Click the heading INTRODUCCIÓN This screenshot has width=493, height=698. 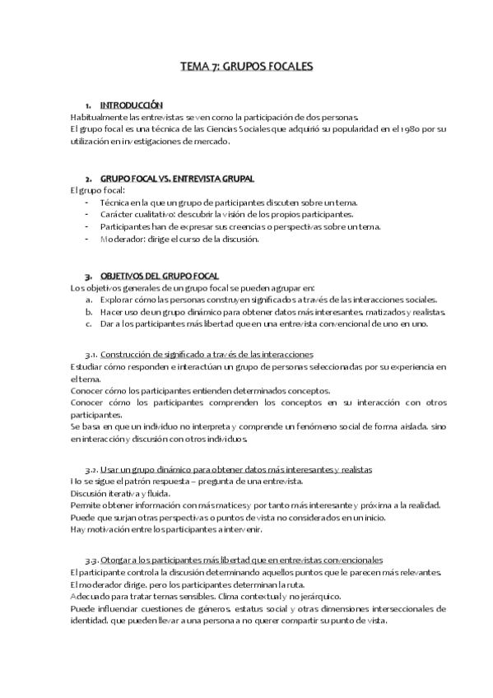131,105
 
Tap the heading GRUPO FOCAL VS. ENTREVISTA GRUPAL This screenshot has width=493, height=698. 177,178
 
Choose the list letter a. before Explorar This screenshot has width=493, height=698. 88,300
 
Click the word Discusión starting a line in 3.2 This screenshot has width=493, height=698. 91,493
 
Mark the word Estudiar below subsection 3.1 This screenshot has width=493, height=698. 87,366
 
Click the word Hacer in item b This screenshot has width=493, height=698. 111,312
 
